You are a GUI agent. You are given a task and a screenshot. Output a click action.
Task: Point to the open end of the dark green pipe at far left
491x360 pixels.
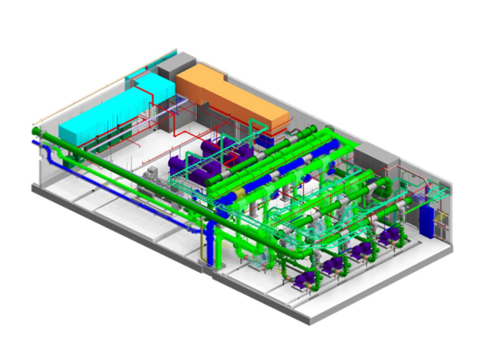35,131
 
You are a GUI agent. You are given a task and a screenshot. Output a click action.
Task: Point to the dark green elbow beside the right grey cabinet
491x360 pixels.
388,185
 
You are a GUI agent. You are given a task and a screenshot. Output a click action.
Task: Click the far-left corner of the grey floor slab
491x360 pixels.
33,187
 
